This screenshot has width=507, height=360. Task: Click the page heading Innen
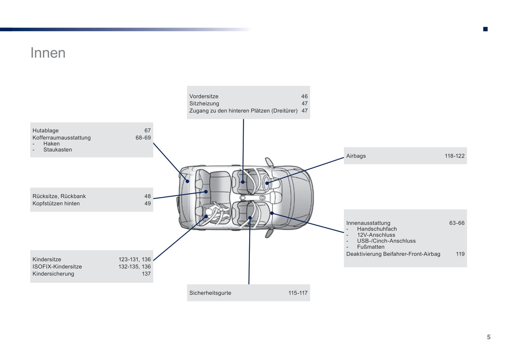coord(48,53)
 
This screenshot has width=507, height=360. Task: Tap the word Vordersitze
coord(204,96)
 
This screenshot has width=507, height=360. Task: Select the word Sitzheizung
coord(204,104)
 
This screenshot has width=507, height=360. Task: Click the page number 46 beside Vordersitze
coord(304,96)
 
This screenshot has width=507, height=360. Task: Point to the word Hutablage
coord(46,131)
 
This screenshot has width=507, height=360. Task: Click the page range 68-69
coord(143,138)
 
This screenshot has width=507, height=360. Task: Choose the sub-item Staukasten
coord(58,150)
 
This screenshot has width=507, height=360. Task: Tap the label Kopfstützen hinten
coord(56,204)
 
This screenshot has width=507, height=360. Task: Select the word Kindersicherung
coord(53,274)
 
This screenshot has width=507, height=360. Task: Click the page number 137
coord(146,274)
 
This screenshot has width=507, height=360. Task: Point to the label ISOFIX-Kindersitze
coord(57,267)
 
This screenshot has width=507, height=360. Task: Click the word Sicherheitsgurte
coord(210,293)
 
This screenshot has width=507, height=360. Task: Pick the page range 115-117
coord(298,293)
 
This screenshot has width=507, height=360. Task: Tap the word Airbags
coord(356,156)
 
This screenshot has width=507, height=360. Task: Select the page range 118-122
coord(454,156)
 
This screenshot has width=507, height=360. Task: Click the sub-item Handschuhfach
coord(377,229)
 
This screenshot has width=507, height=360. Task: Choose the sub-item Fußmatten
coord(371,247)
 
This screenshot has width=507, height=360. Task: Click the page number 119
coord(460,254)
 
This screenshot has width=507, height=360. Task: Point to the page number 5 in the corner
coord(488,337)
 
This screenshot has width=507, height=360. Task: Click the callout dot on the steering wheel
coord(267,183)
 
